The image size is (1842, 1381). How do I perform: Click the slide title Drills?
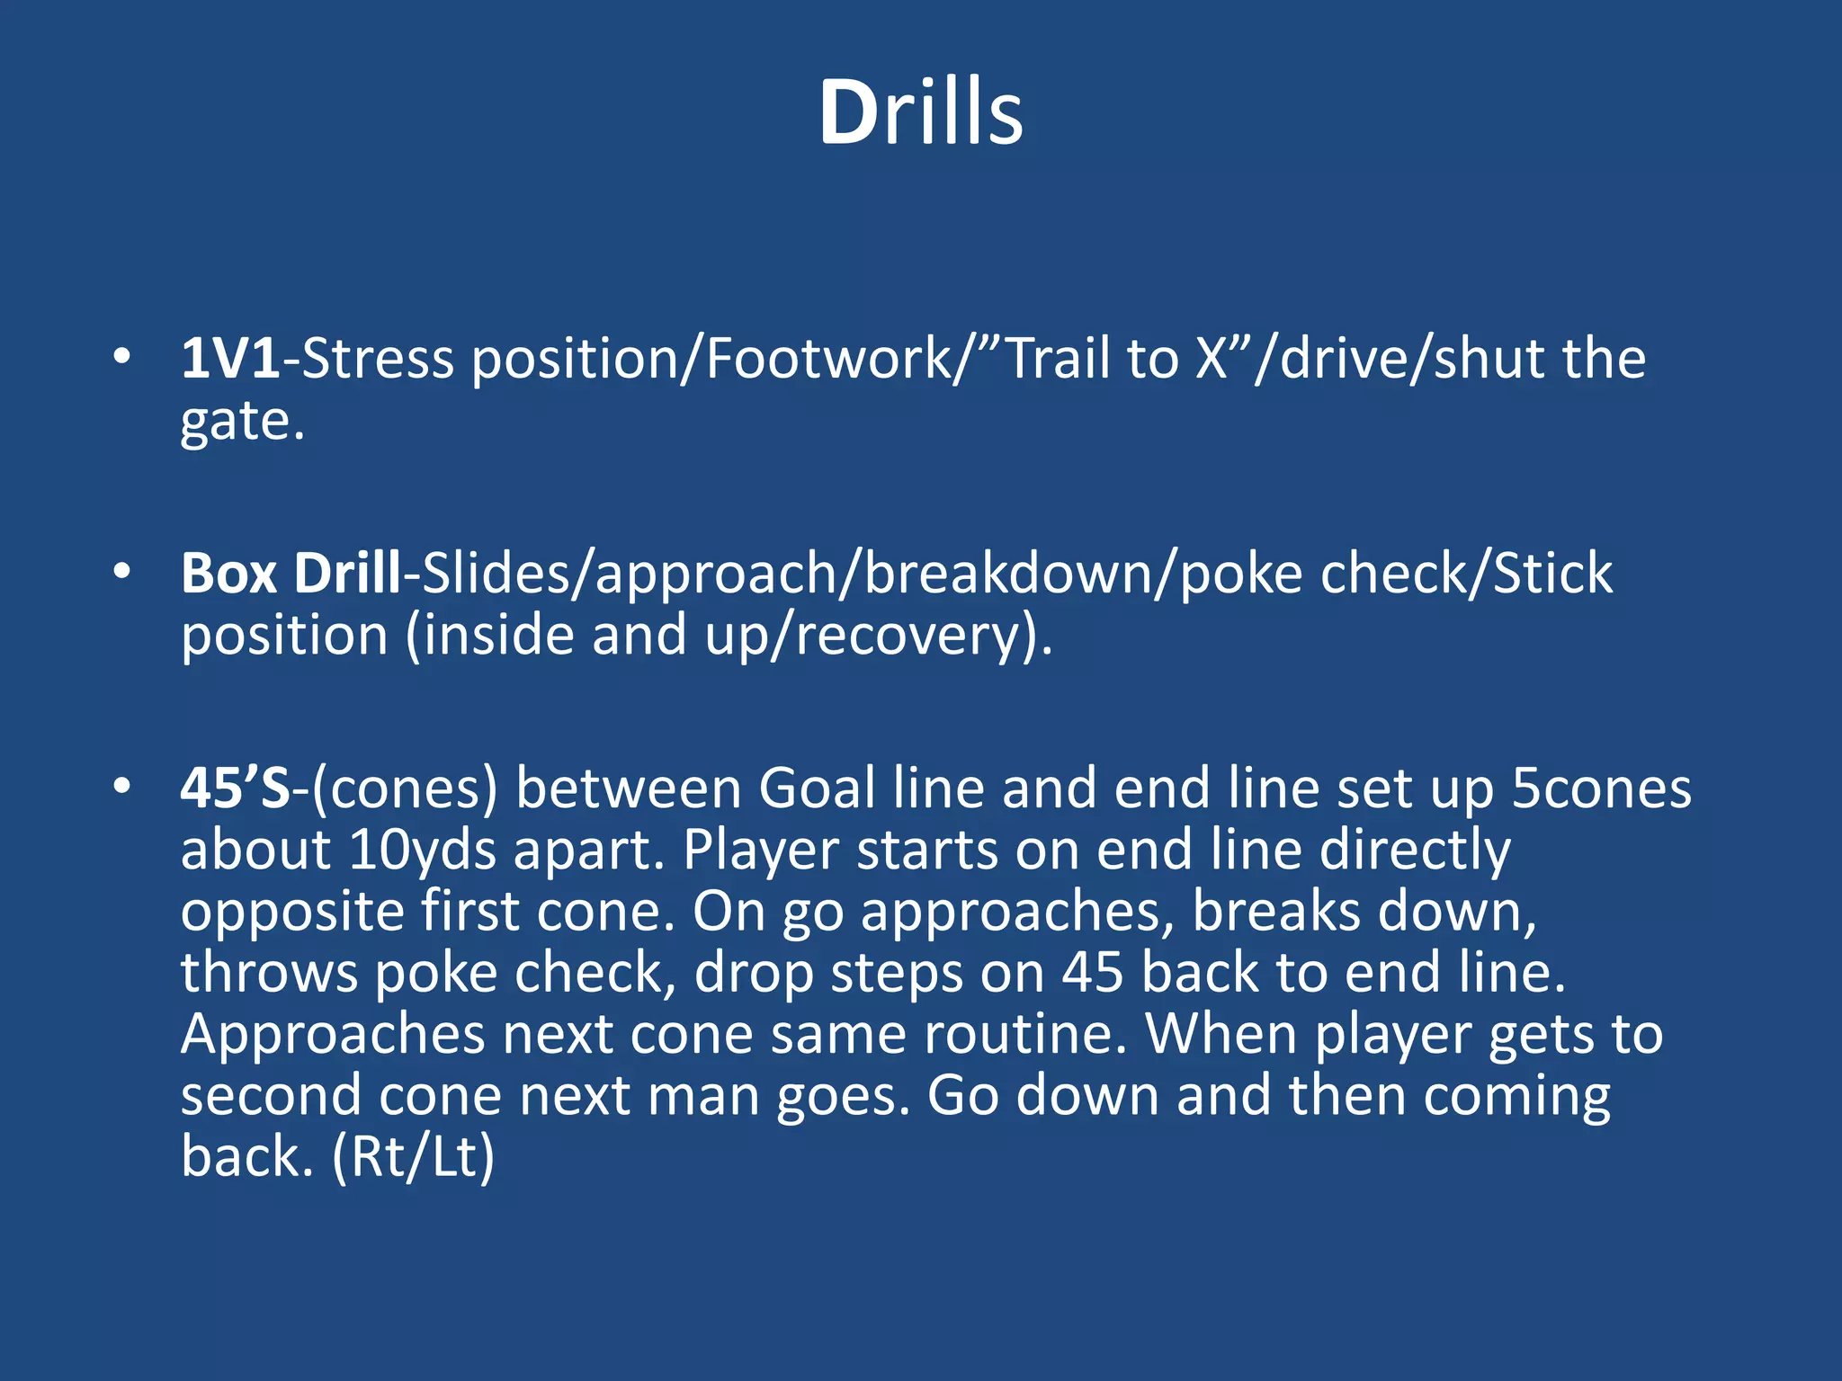(920, 112)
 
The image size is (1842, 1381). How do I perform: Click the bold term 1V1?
(230, 359)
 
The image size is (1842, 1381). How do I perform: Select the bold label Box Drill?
(291, 573)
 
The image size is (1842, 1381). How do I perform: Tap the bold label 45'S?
(236, 789)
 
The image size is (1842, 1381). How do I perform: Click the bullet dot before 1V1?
(122, 357)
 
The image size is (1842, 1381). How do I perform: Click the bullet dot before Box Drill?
(122, 571)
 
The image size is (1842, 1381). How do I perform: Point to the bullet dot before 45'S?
(122, 787)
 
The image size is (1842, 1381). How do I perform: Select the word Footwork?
(828, 359)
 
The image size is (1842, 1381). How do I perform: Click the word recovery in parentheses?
(908, 636)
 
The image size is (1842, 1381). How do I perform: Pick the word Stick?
(1552, 573)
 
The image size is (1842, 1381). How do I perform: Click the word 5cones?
(1601, 789)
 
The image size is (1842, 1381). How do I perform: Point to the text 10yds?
(422, 850)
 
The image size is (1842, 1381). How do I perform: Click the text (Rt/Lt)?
(414, 1156)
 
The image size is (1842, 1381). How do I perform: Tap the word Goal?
(816, 789)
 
